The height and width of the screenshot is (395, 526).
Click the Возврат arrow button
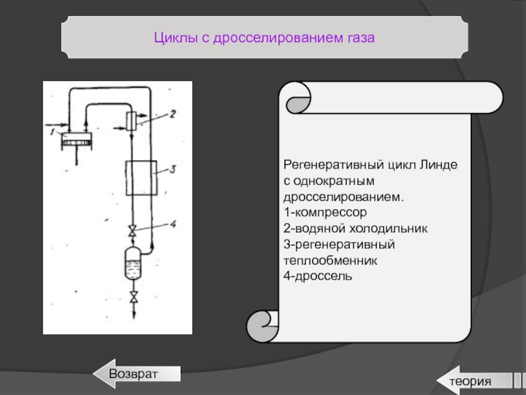137,373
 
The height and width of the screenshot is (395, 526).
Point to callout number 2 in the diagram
173,114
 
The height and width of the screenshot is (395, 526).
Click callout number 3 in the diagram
173,169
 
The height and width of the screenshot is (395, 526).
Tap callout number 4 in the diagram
173,224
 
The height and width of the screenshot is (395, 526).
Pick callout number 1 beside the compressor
53,132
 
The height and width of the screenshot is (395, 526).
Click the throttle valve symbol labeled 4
133,231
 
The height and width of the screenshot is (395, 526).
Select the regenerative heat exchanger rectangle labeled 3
141,178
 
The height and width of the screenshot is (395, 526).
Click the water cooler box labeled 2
131,121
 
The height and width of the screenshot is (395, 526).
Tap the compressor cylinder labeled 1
76,141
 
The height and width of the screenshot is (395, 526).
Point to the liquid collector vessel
133,264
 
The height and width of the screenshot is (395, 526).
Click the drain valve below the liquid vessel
134,298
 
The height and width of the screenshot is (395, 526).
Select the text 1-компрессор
325,212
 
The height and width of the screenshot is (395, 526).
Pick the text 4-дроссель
318,276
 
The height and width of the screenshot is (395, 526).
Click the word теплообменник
331,260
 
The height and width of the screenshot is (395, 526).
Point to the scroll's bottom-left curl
262,326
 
